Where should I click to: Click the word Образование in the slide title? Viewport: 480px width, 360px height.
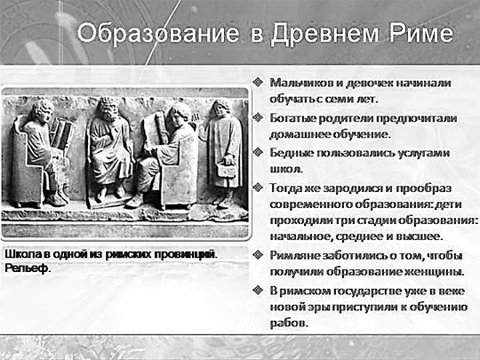(x=158, y=33)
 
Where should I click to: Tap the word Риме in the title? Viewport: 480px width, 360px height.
(x=420, y=33)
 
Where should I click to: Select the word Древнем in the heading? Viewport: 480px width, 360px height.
(x=324, y=34)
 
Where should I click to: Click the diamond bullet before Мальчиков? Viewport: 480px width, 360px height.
(x=258, y=82)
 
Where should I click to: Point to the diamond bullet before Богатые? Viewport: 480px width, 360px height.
(x=258, y=117)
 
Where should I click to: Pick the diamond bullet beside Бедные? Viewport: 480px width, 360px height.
(x=258, y=152)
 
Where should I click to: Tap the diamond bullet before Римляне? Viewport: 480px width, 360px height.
(x=258, y=255)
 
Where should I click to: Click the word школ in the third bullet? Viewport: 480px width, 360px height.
(x=285, y=169)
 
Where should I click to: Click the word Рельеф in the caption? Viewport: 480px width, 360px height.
(x=28, y=268)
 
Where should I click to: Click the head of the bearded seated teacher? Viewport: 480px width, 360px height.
(x=108, y=108)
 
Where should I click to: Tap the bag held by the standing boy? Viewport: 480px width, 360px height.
(x=227, y=170)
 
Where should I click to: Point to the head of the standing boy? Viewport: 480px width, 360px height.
(x=220, y=108)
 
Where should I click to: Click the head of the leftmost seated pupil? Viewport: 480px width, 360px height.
(x=43, y=110)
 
